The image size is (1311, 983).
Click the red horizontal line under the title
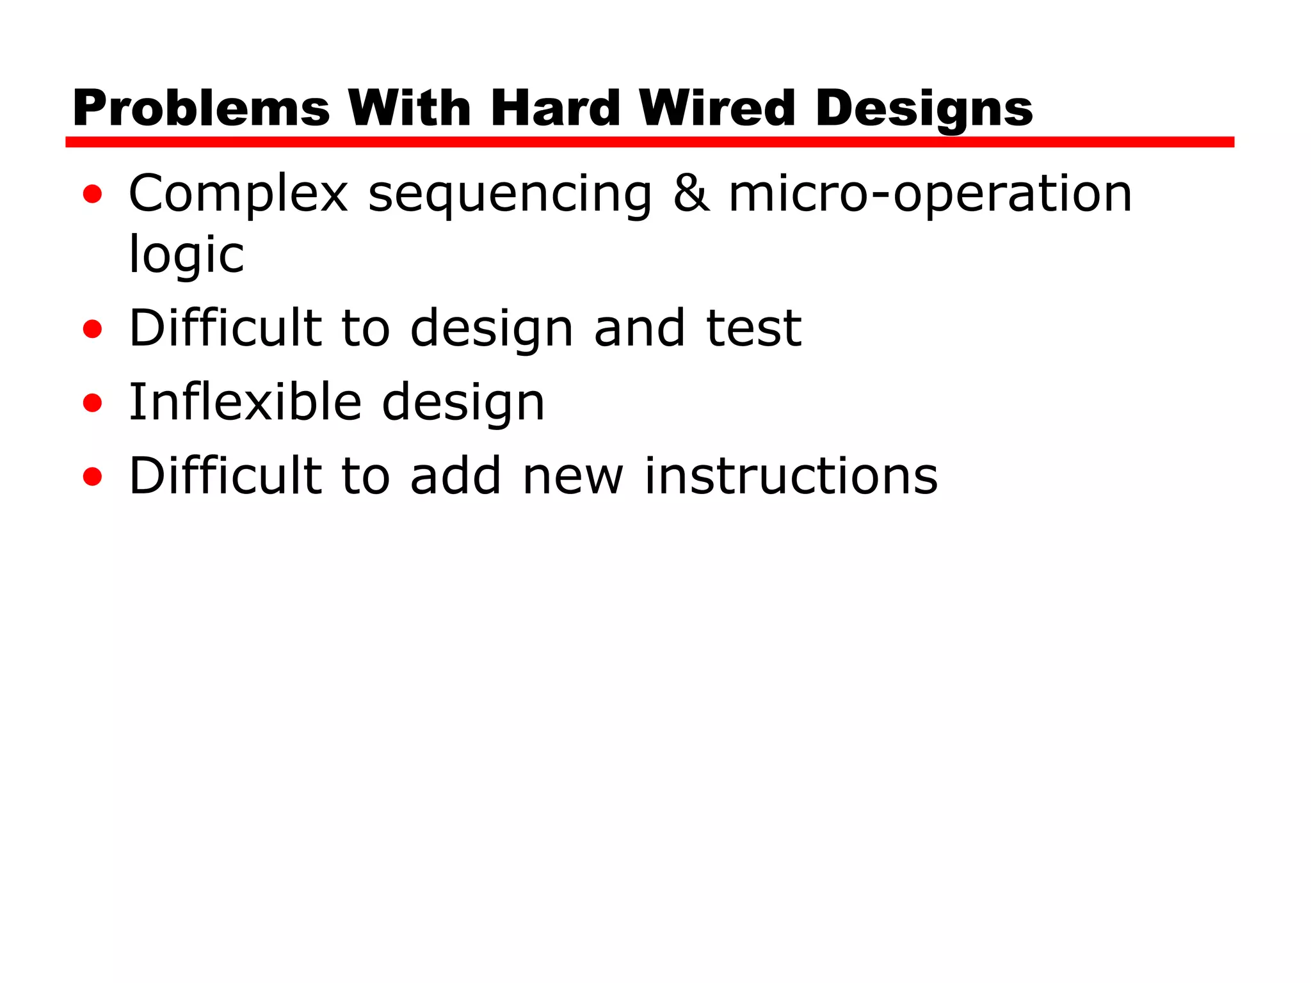coord(649,142)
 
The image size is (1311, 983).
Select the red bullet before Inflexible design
coord(93,403)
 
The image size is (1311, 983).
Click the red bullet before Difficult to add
coord(93,477)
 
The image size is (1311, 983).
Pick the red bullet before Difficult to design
coord(93,329)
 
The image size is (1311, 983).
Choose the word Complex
coord(238,195)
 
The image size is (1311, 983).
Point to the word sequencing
coord(510,196)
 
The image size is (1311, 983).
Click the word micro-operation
coord(930,195)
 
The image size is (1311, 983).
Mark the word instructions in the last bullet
coord(791,476)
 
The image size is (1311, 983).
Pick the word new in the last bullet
coord(572,477)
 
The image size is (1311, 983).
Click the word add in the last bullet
coord(455,476)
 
